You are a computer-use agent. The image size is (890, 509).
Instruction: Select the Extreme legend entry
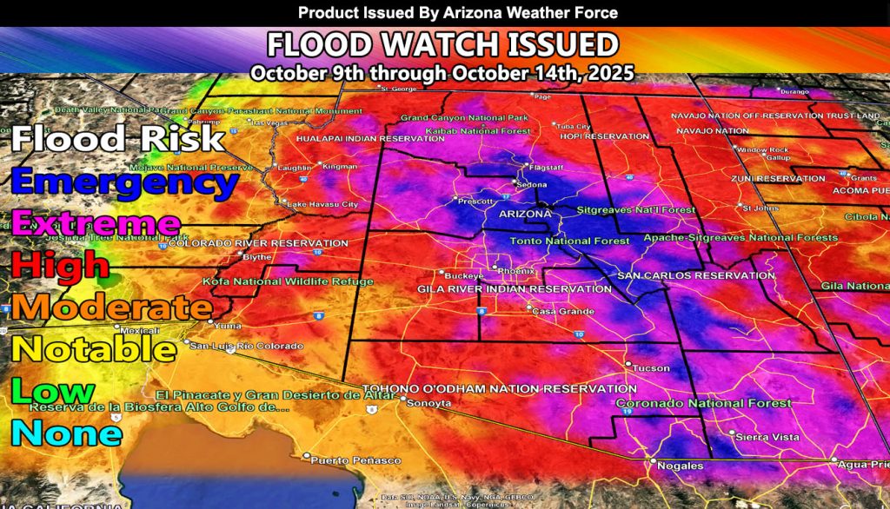(96, 223)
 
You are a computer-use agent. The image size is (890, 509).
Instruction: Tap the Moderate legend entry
(110, 306)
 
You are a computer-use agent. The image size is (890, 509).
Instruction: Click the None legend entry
(66, 432)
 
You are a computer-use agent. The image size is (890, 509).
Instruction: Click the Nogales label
(680, 466)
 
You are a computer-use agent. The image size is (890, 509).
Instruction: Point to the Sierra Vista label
(766, 438)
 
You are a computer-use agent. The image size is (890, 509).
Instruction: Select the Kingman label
(339, 166)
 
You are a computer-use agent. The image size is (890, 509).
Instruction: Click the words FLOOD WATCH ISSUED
(442, 45)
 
